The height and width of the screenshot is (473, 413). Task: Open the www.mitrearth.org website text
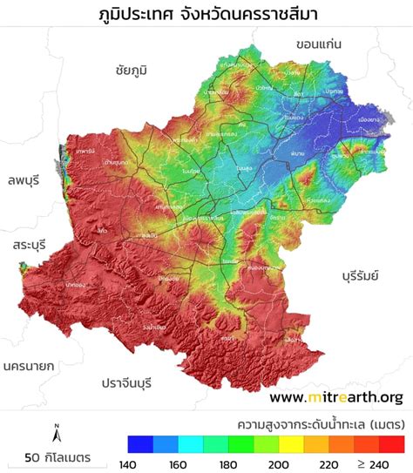point(336,397)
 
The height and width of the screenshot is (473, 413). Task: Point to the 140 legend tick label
point(127,464)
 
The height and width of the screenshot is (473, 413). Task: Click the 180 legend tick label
point(226,464)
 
